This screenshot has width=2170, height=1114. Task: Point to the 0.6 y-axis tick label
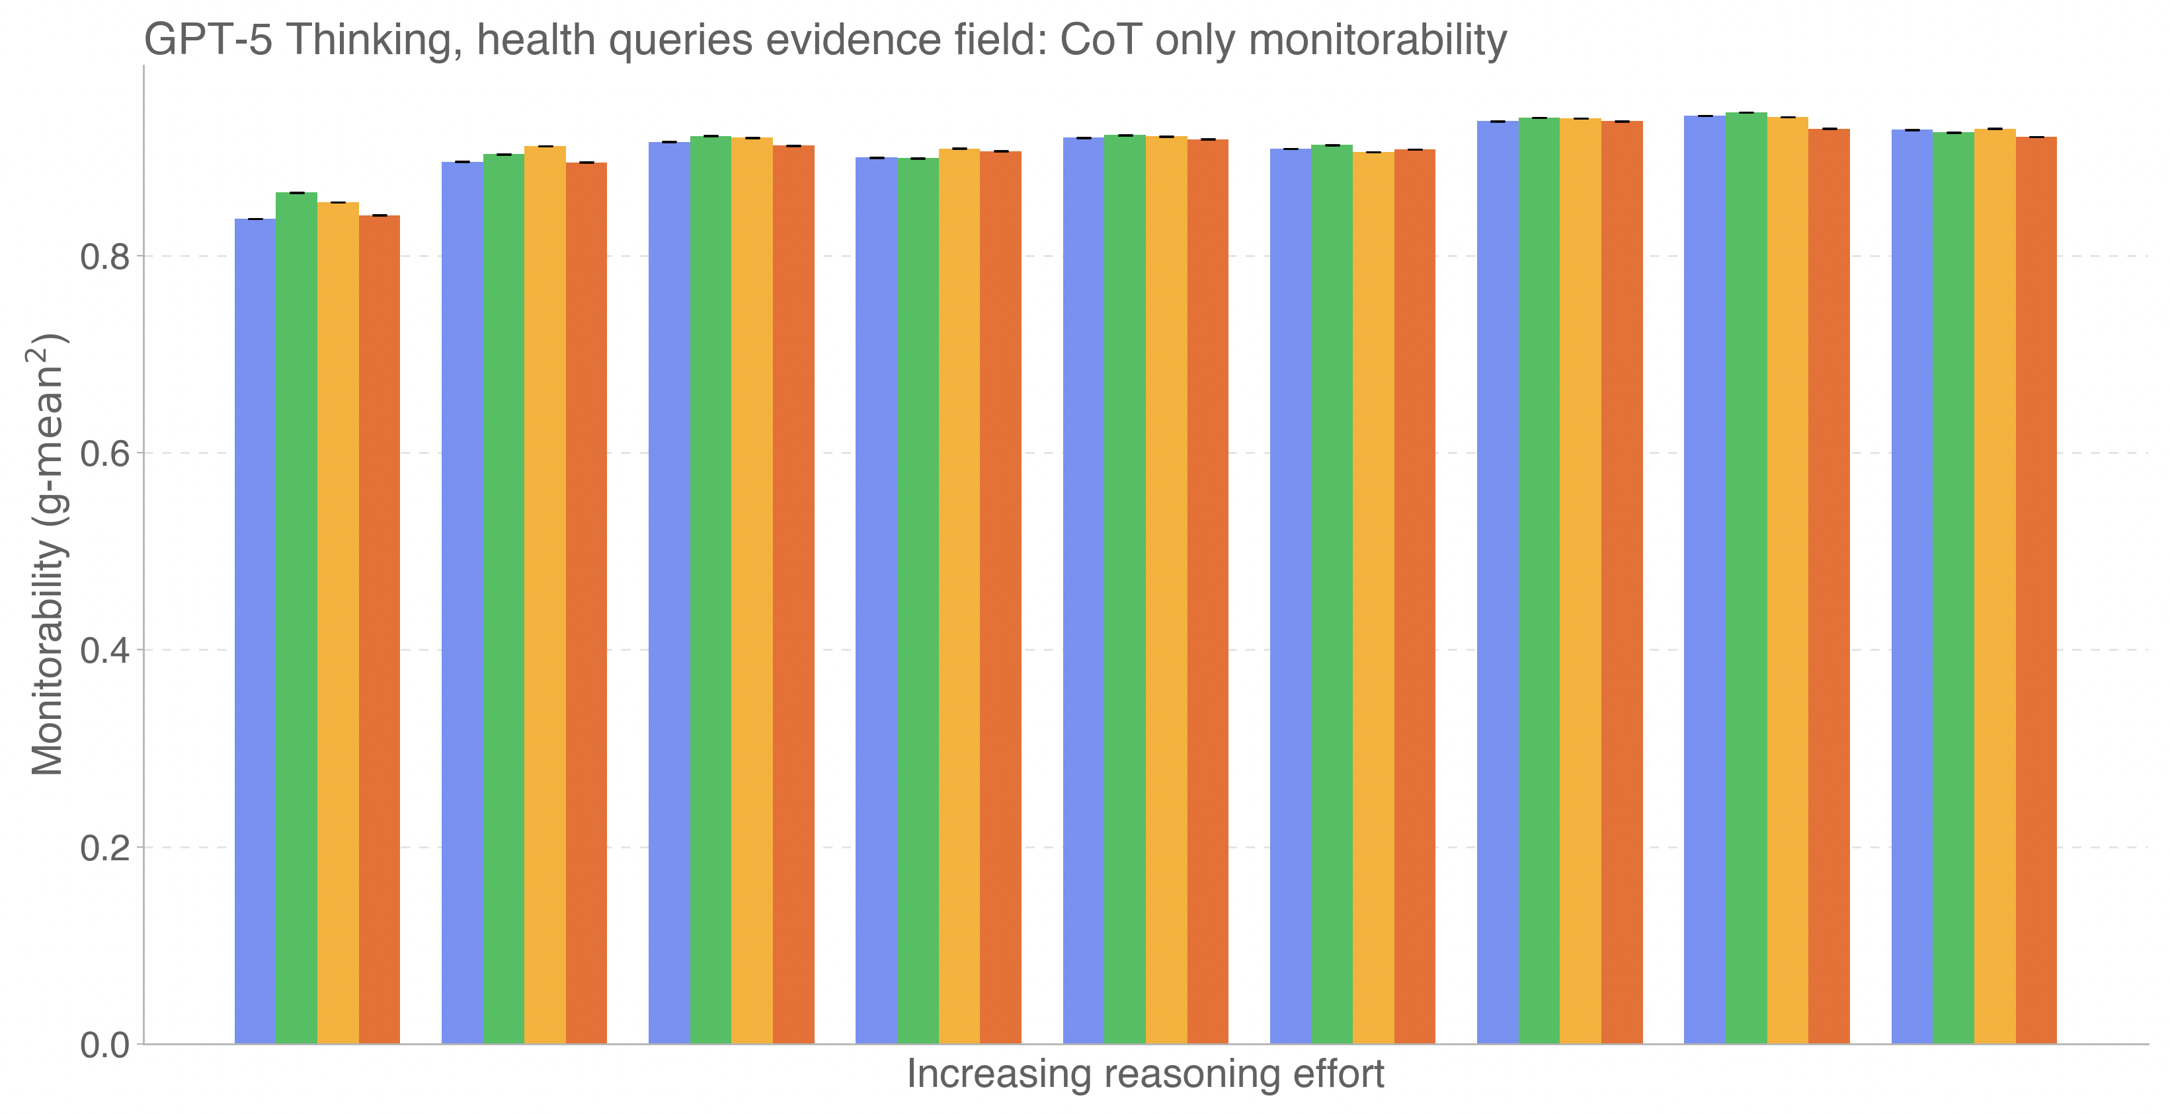(105, 453)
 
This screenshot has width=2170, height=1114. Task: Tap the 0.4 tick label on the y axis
(105, 650)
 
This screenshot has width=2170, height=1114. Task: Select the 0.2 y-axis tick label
(105, 847)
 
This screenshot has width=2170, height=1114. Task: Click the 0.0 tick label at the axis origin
(105, 1045)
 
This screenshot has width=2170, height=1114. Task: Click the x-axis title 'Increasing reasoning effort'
(1145, 1074)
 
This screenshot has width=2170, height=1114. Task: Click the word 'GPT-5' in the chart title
(208, 40)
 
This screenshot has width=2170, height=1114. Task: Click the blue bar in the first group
(255, 632)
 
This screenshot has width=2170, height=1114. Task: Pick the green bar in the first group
(296, 619)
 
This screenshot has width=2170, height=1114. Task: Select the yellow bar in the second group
(545, 595)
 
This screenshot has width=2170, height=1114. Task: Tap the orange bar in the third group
(793, 595)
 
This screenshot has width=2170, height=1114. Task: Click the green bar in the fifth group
(1125, 589)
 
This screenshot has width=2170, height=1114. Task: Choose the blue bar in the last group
(1911, 587)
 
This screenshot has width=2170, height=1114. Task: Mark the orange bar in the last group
(2036, 590)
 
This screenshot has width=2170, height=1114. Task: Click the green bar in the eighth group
(1746, 578)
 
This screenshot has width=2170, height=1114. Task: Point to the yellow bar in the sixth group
(1373, 599)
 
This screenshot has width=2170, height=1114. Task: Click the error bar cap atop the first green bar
(296, 193)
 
